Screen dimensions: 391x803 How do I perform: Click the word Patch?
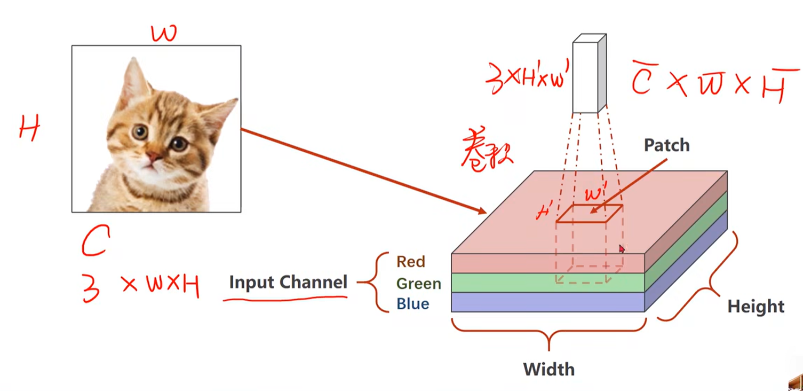tap(666, 145)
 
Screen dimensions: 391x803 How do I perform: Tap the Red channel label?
tap(411, 262)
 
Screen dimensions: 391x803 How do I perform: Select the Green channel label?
tap(418, 283)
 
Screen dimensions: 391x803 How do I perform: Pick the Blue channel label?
tap(412, 304)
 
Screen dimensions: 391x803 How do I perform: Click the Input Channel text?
tap(288, 282)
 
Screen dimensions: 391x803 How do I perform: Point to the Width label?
tap(548, 369)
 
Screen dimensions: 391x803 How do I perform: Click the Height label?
tap(756, 307)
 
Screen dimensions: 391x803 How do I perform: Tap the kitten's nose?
tap(153, 157)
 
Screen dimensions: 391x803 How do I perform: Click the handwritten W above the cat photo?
tap(164, 34)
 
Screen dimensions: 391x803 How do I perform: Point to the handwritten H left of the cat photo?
tap(29, 129)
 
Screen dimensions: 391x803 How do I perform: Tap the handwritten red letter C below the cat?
tap(96, 240)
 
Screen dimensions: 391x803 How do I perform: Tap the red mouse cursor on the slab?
tap(622, 249)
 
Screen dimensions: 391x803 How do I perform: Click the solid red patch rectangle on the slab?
tap(589, 213)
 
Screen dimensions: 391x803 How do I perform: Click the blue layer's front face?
tap(547, 302)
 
